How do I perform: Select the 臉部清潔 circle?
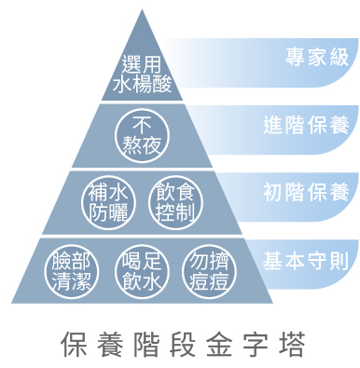pyautogui.click(x=70, y=271)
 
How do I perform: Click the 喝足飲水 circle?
pyautogui.click(x=143, y=271)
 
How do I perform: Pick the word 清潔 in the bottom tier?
pyautogui.click(x=70, y=282)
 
